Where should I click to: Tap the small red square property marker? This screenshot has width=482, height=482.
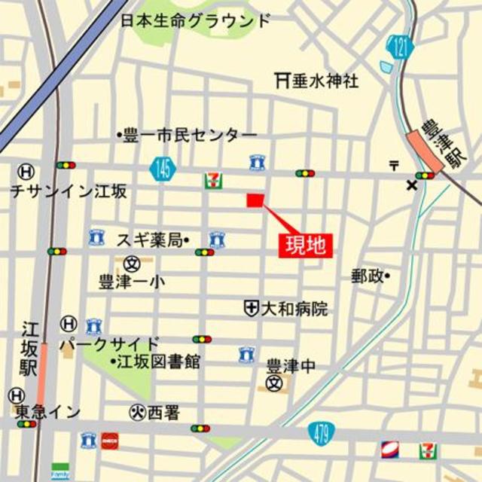[x=255, y=200]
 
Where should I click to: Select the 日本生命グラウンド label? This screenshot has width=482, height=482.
[x=195, y=20]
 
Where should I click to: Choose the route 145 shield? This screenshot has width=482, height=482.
[x=162, y=169]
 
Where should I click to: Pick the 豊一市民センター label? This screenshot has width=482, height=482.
[x=190, y=136]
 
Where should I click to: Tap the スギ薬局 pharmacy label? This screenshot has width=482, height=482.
[x=149, y=239]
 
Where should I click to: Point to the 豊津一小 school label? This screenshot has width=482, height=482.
[x=133, y=282]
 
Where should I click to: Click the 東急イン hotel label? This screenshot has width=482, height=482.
[x=47, y=411]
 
